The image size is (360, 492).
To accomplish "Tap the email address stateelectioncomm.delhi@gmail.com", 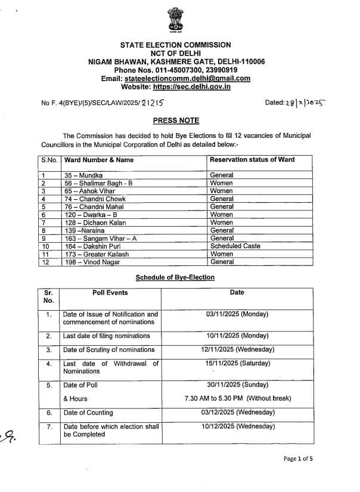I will tap(187, 79).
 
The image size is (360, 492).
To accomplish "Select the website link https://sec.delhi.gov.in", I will tap(192, 87).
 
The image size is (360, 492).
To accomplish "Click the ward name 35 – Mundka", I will tap(83, 175).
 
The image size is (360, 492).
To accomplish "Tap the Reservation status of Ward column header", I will tap(252, 160).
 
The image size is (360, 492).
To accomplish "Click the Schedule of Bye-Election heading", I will tap(175, 277).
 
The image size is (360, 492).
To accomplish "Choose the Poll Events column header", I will tap(110, 293).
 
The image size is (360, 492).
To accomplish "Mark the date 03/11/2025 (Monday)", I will tap(237, 314).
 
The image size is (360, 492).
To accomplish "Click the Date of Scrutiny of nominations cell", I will tap(109, 350).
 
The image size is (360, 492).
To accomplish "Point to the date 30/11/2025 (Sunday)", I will tap(237, 385).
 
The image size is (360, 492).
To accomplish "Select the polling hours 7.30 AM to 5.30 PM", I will tap(237, 398).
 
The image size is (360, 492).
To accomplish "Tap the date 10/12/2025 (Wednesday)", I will tap(238, 426).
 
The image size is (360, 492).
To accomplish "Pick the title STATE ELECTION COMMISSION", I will tap(175, 45).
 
